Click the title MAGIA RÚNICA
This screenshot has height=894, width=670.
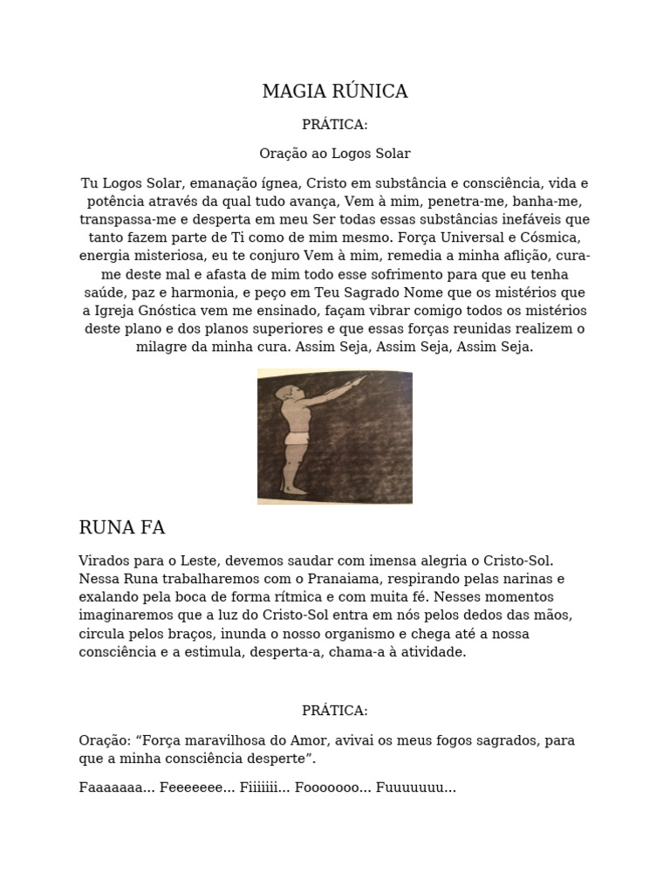click(335, 92)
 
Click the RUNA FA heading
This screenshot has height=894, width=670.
click(122, 527)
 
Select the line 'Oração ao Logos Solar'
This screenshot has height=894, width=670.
click(335, 154)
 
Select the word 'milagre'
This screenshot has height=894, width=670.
click(160, 347)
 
